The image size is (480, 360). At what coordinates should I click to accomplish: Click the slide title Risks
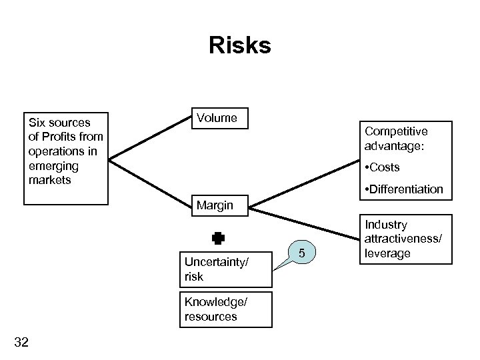click(x=239, y=46)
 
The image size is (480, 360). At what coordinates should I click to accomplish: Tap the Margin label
click(x=215, y=205)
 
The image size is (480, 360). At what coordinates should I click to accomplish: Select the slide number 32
click(x=21, y=343)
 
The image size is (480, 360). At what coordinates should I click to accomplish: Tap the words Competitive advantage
click(x=396, y=138)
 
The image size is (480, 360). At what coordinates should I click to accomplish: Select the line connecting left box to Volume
click(x=150, y=139)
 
